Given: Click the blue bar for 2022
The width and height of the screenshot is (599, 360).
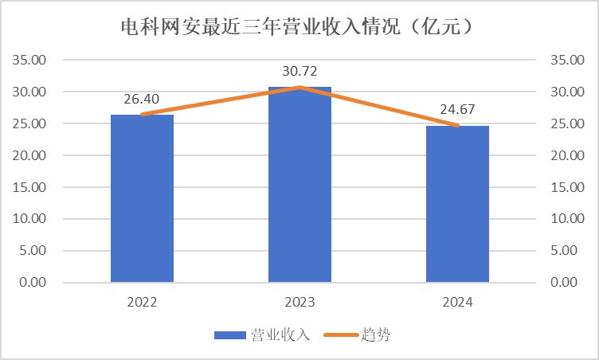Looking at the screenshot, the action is [x=142, y=198].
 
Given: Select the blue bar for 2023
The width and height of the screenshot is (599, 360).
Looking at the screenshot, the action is [x=299, y=185].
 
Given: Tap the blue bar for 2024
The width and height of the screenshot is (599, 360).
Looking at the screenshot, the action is [x=458, y=204].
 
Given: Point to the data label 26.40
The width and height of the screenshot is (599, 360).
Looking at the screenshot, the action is [x=141, y=99].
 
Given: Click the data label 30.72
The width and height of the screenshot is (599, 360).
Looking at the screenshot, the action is [x=299, y=71].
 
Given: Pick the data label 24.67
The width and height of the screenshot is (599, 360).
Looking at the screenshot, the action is [x=457, y=109].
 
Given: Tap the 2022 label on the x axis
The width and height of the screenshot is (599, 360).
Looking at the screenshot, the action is [x=142, y=303].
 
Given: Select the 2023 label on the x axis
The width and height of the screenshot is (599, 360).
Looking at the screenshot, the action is [x=299, y=303].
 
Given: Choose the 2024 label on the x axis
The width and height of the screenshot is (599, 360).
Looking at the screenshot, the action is [x=458, y=303].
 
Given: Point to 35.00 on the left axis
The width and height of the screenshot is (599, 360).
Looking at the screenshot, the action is [x=29, y=60].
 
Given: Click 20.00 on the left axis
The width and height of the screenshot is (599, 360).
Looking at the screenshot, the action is [x=29, y=155].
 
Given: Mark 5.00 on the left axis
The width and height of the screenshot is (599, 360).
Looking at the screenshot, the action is [x=33, y=251].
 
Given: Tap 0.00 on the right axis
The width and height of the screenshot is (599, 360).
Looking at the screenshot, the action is [x=564, y=283].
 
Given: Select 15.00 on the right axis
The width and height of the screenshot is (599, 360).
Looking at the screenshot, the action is [x=567, y=187].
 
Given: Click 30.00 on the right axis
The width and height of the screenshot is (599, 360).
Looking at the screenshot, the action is [x=567, y=92].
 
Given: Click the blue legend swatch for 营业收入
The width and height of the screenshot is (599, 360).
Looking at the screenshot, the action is [x=230, y=335].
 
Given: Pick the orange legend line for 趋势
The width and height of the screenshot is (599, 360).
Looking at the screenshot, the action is [x=341, y=335].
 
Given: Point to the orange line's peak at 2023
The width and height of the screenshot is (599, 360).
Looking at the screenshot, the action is [x=299, y=88].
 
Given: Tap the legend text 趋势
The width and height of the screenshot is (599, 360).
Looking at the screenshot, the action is [x=375, y=335].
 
